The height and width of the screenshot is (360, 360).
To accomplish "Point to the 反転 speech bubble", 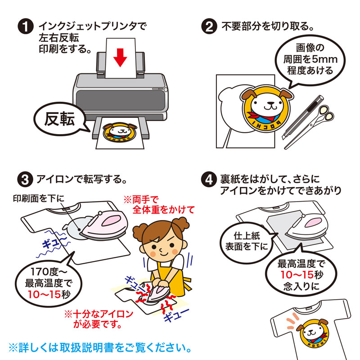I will click(x=58, y=119).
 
